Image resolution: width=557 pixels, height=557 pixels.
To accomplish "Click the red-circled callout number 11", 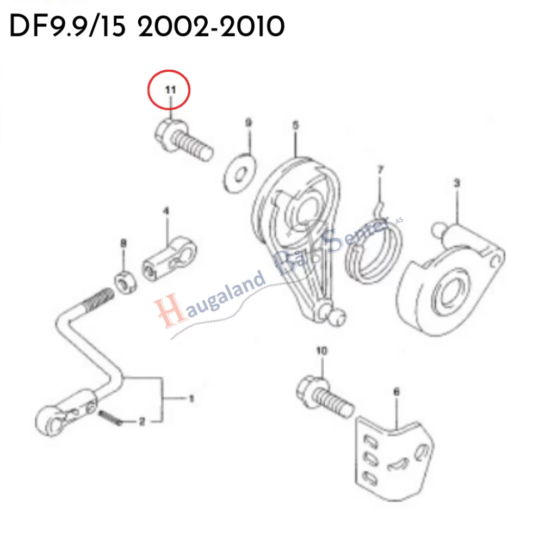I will coord(170,90).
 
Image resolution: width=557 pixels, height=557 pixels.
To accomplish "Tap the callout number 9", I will coord(249,123).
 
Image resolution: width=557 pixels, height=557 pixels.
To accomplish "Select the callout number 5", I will coord(295,126).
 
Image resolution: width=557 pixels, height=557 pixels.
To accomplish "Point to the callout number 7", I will coord(380,170).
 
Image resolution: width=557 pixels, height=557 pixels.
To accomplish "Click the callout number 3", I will coord(457,183).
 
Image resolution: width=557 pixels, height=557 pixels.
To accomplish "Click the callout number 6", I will coord(396,391).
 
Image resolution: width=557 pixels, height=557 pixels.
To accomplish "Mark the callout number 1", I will coord(191,399).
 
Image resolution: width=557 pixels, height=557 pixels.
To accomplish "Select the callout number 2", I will coord(141,422).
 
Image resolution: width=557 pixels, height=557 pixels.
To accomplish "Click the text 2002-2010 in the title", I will coord(211,26).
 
